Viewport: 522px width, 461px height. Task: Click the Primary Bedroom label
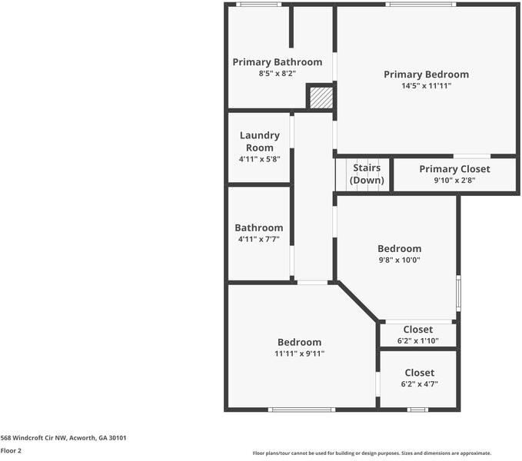tap(426, 75)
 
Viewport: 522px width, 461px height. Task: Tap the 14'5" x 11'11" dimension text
tap(426, 86)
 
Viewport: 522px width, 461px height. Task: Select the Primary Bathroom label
tap(277, 62)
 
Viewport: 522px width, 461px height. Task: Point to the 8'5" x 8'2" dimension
tap(277, 73)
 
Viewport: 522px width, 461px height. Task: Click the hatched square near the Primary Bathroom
tap(321, 98)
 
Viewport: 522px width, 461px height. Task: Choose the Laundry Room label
tap(259, 141)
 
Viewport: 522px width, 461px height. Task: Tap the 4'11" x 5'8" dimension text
tap(259, 159)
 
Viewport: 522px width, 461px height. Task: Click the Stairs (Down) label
tap(367, 174)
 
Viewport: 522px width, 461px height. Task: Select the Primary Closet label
tap(454, 169)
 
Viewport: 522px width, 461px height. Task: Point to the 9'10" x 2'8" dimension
tap(454, 181)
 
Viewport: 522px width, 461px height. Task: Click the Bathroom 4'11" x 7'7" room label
tap(258, 228)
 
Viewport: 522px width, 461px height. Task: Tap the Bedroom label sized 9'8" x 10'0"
tap(399, 249)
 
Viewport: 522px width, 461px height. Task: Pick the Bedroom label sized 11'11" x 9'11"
tap(299, 343)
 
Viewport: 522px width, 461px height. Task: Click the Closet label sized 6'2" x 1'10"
tap(417, 330)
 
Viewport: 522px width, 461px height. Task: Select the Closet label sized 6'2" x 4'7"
tap(419, 373)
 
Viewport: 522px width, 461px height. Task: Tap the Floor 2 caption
tap(11, 451)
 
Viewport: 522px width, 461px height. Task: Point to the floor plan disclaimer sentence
tap(372, 453)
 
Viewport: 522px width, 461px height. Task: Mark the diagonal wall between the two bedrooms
tap(357, 302)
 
